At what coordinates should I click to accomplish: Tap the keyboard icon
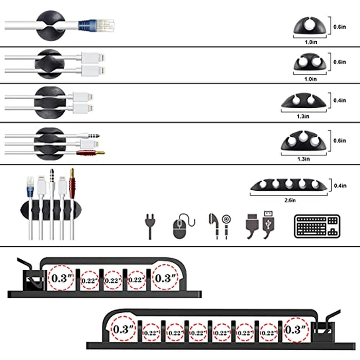pyautogui.click(x=317, y=227)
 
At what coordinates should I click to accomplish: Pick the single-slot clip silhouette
pyautogui.click(x=308, y=27)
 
